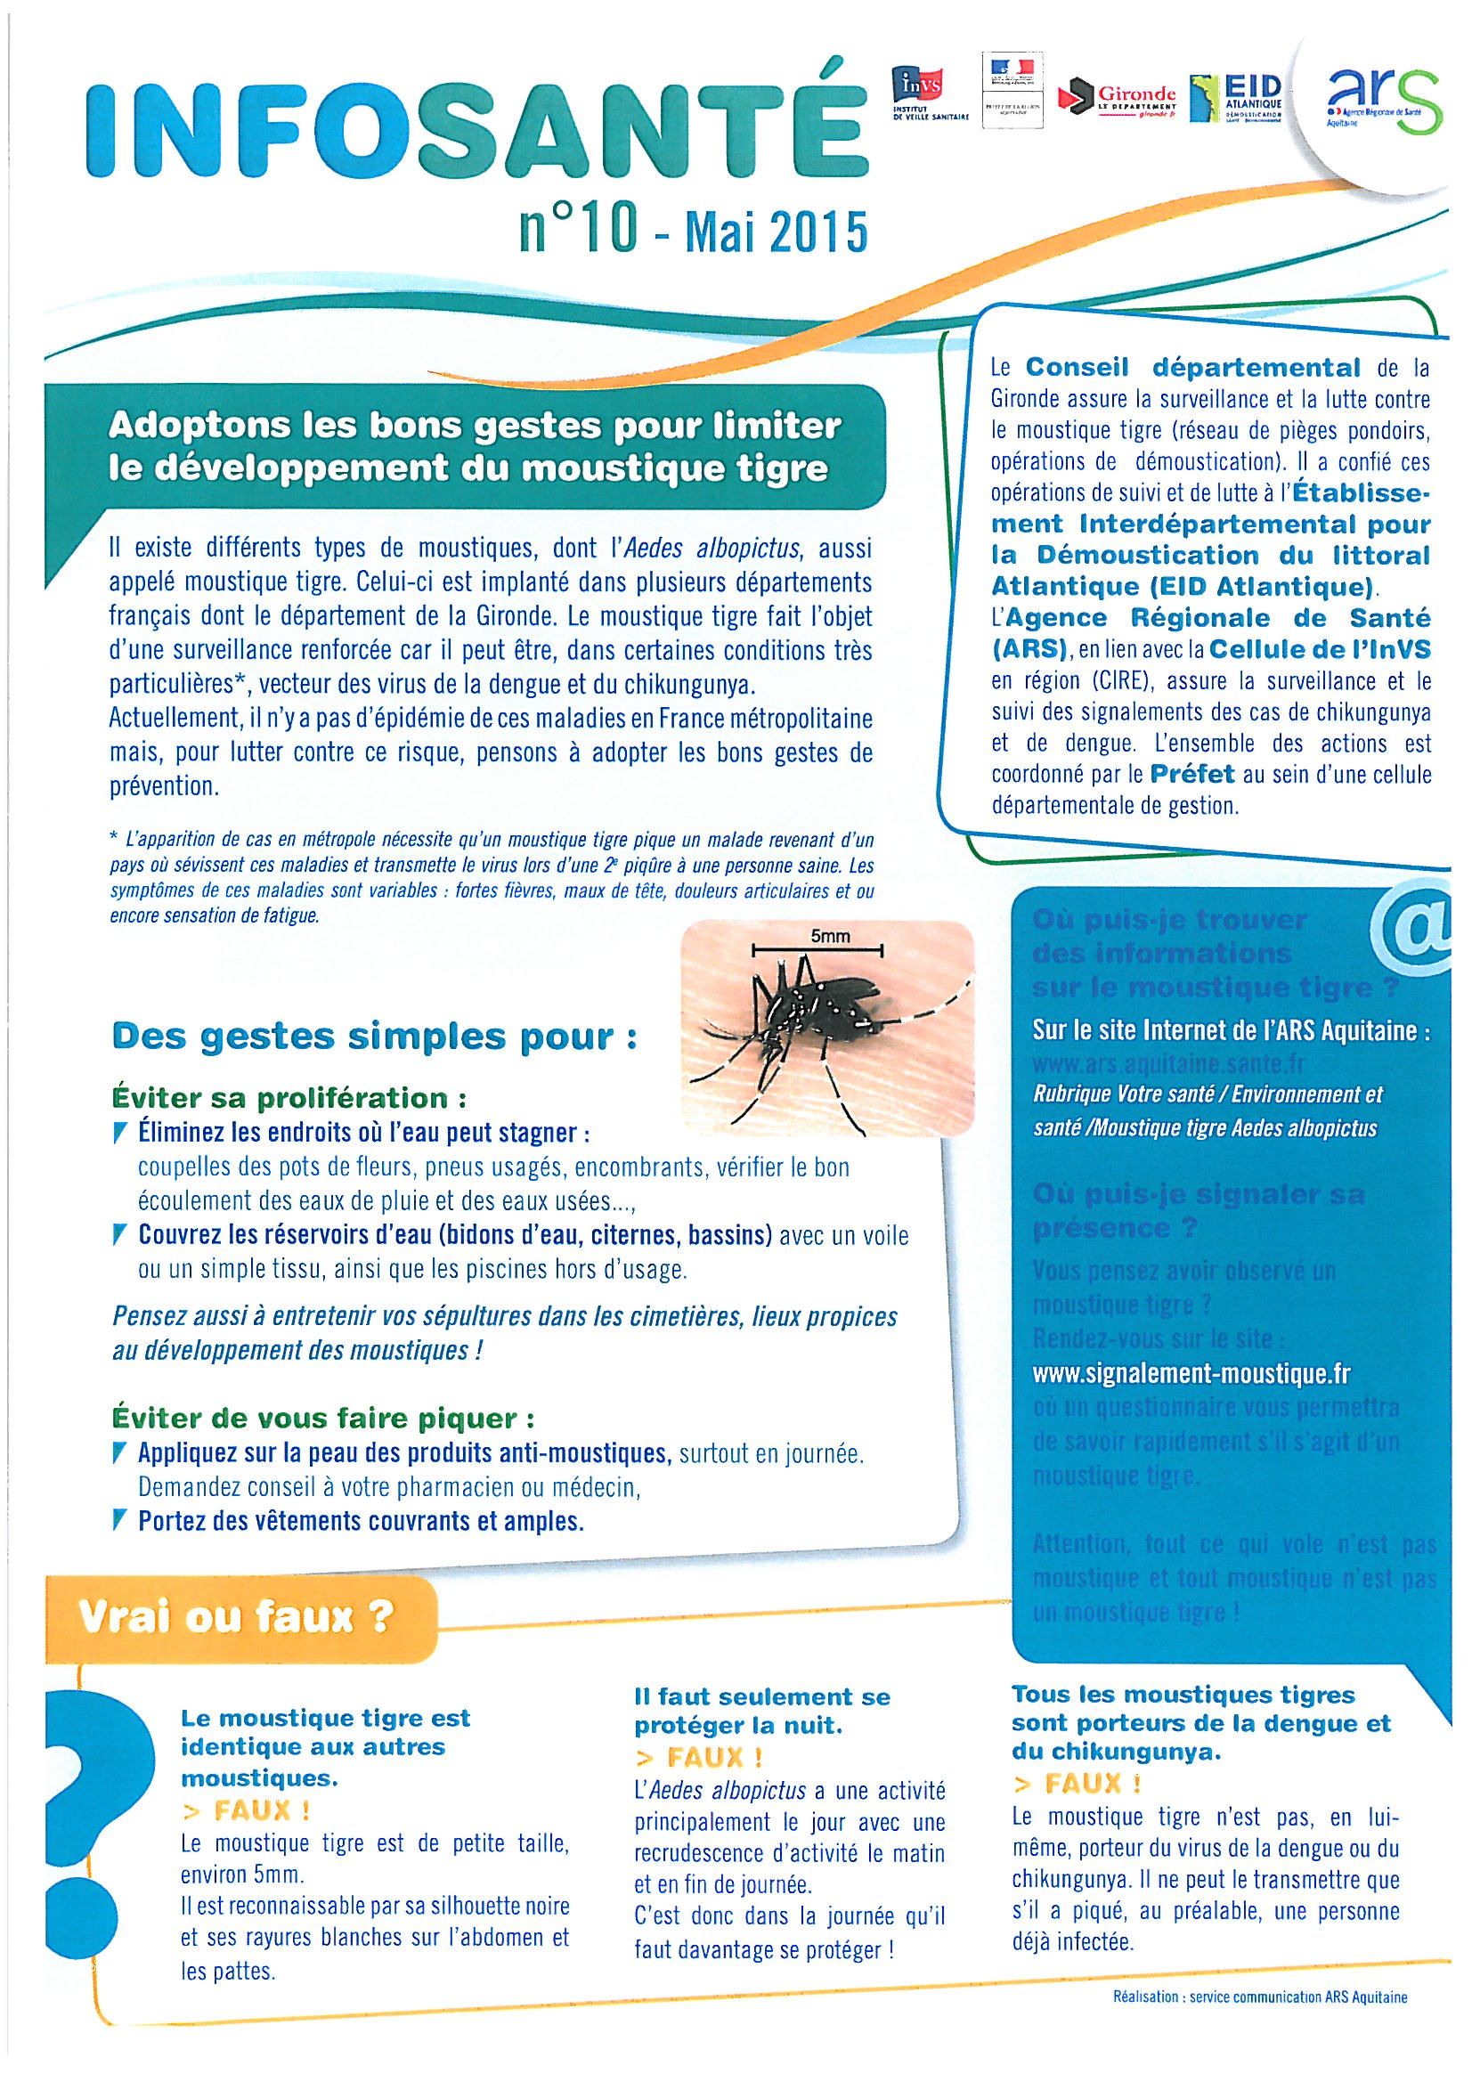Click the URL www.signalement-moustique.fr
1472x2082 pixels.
1191,1374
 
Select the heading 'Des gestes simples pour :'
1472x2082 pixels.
373,1037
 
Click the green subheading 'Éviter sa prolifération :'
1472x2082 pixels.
289,1098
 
